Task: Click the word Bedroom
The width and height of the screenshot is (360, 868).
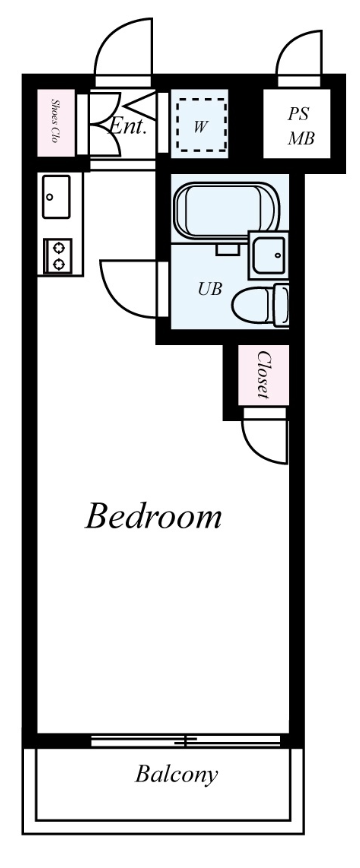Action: [x=153, y=516]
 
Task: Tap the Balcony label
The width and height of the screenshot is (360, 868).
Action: [x=176, y=775]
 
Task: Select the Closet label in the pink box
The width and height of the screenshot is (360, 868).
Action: [x=263, y=375]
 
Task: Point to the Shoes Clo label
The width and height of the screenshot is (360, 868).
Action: [x=55, y=121]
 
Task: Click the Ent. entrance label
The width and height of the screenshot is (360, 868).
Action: [x=128, y=127]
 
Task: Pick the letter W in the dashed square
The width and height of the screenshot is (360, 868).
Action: [x=200, y=127]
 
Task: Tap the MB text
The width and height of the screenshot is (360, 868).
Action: [x=301, y=138]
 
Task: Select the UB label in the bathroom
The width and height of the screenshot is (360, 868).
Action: [x=210, y=288]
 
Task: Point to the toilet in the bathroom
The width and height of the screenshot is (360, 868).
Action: [x=260, y=304]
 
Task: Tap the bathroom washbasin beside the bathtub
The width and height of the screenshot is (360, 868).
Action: [x=269, y=255]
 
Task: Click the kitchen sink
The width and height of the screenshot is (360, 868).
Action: [x=56, y=197]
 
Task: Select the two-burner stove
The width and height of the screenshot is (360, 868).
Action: [x=58, y=256]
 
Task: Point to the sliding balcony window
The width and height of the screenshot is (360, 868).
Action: [x=186, y=741]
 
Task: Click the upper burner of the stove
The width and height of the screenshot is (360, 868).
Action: [x=58, y=247]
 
